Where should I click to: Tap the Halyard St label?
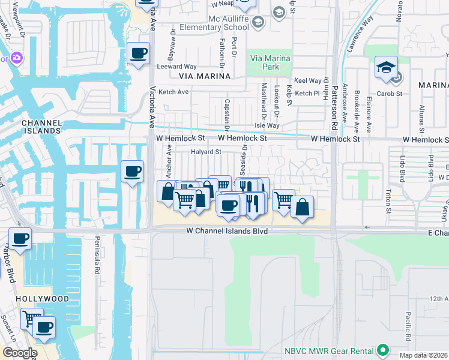[x=202, y=152]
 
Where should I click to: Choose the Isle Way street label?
[x=267, y=125]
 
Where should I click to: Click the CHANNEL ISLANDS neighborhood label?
[x=41, y=126]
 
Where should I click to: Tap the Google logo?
[x=19, y=352]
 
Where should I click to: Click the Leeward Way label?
[x=177, y=67]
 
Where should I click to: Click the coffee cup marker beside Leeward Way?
[x=139, y=54]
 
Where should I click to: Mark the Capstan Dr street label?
[x=227, y=115]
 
